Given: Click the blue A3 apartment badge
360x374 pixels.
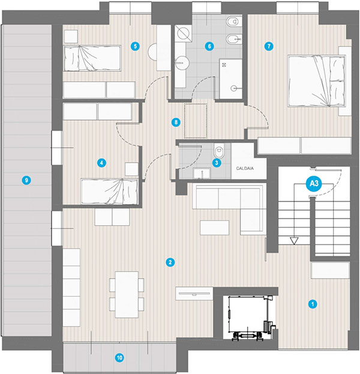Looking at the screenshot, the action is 314,184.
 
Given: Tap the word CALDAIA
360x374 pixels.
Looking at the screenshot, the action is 245,168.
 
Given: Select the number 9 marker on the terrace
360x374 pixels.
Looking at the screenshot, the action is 26,180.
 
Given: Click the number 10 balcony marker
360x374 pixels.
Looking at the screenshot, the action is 119,358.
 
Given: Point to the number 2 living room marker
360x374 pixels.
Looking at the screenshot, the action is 170,262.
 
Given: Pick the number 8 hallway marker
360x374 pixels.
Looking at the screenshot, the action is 176,122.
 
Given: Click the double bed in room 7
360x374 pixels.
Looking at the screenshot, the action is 317,81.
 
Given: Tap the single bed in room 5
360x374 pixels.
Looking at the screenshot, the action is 92,58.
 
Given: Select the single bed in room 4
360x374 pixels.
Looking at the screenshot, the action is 110,192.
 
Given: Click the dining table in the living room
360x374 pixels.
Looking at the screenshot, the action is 127,295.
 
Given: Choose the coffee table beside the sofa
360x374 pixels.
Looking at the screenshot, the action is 215,228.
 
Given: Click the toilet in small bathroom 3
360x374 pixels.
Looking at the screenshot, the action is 219,151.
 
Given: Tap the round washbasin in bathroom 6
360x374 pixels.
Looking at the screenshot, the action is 182,63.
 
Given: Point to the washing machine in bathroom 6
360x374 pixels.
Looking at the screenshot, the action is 183,34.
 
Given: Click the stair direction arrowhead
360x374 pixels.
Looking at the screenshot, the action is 294,241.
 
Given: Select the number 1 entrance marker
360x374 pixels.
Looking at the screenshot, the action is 313,304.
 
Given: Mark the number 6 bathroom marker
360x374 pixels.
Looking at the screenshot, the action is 209,46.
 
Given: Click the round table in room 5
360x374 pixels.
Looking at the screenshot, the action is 152,52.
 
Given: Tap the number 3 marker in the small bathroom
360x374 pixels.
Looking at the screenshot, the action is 217,163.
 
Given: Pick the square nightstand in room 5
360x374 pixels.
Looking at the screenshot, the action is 71,37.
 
